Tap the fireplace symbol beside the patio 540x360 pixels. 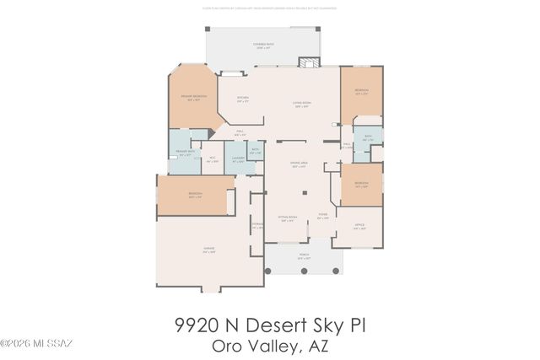point(310,63)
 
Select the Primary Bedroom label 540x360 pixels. point(194,98)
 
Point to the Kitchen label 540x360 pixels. point(242,99)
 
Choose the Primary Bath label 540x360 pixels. point(184,153)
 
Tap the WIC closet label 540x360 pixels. point(212,159)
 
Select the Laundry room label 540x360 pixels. point(238,159)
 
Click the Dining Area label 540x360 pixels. point(299,165)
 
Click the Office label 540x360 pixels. point(359,227)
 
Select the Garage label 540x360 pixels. point(208,250)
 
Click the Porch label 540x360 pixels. point(304,256)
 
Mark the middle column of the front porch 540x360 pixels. point(304,272)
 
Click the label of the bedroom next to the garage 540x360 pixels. point(195,196)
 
